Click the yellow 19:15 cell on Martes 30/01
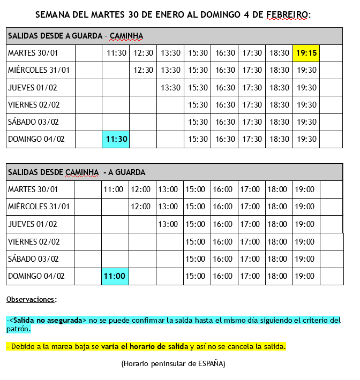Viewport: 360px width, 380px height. [306, 53]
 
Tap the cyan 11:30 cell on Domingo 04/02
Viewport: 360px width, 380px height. [116, 139]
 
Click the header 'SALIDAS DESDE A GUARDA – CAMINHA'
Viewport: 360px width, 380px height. [75, 36]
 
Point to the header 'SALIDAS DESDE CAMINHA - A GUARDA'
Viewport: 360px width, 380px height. [77, 172]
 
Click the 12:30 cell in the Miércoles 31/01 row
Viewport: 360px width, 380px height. [143, 70]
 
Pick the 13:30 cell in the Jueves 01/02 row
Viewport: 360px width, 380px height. [170, 88]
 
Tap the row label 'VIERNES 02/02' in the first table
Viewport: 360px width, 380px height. [34, 105]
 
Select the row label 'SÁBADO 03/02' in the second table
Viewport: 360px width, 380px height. [33, 259]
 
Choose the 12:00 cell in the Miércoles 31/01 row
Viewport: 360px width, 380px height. [141, 207]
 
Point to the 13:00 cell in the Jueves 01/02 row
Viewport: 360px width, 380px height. [168, 224]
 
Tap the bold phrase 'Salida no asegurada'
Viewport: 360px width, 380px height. [48, 320]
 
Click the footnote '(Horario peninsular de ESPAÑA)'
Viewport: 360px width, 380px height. [173, 364]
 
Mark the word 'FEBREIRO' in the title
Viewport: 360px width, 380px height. [287, 14]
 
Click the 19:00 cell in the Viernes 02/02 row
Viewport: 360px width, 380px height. [305, 241]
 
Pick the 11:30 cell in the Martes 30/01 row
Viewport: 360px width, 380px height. [116, 53]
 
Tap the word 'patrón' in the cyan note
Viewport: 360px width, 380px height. [18, 329]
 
